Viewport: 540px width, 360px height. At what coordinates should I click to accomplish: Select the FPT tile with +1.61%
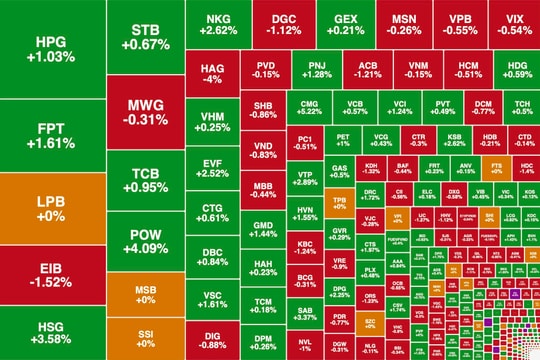(x=49, y=136)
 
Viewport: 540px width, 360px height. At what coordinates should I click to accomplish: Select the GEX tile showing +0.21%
(x=345, y=25)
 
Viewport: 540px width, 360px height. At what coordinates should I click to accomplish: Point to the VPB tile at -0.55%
(x=461, y=25)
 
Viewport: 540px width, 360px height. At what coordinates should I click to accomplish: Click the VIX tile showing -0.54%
(x=515, y=25)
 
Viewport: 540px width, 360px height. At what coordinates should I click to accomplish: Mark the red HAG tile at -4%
(x=211, y=72)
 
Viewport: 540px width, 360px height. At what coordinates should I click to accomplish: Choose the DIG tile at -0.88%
(x=211, y=341)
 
